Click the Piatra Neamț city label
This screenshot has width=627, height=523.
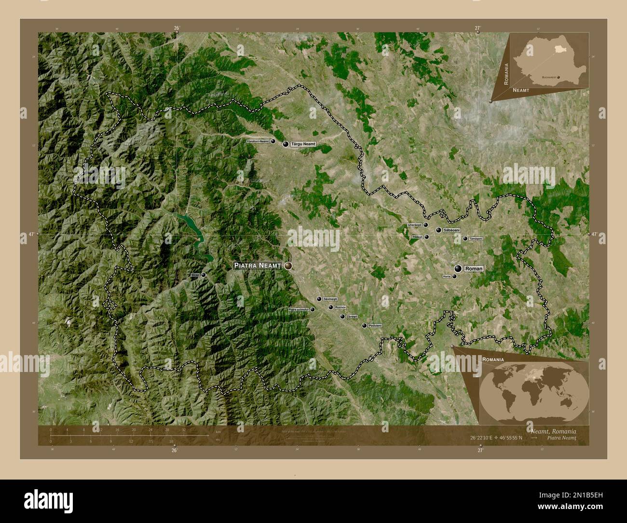pos(258,265)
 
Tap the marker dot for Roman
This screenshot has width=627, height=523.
pos(457,268)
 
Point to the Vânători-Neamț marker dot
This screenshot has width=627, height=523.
pos(273,141)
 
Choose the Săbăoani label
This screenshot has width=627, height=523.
pos(451,231)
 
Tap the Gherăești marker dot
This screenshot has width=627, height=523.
pos(426,225)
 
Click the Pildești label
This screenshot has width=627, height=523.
pos(418,237)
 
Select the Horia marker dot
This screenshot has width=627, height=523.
pos(454,276)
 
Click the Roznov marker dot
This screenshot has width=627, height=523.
pos(331,307)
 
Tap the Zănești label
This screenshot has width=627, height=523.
pos(352,317)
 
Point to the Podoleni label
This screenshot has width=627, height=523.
pos(375,326)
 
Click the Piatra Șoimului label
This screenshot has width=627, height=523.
pos(299,310)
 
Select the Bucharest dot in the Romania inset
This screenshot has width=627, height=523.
pos(558,77)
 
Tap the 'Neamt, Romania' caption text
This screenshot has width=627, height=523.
pos(552,431)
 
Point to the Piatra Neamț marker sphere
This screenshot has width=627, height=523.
pos(288,265)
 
